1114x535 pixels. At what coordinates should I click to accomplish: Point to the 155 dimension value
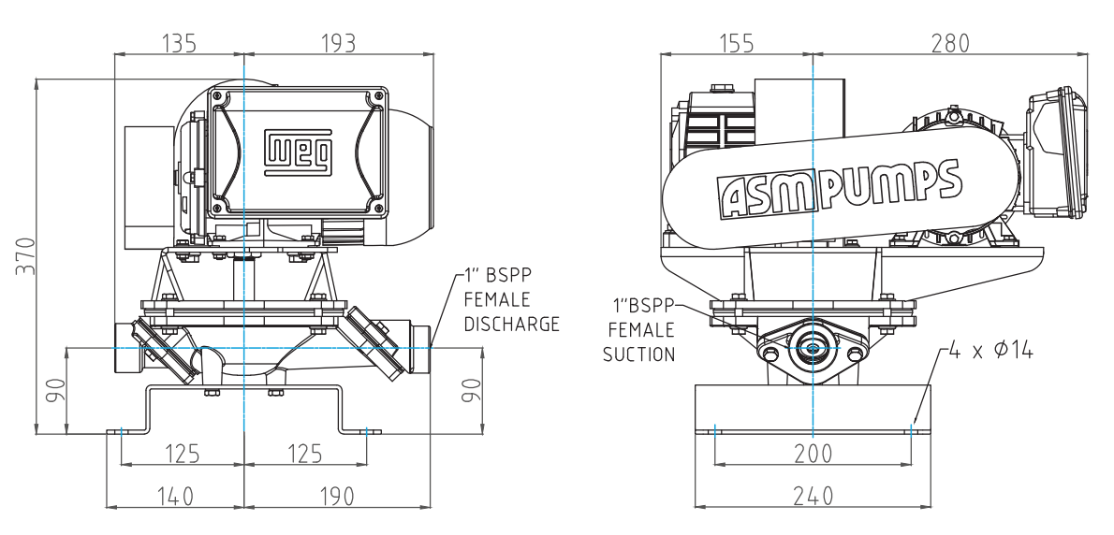(735, 43)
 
